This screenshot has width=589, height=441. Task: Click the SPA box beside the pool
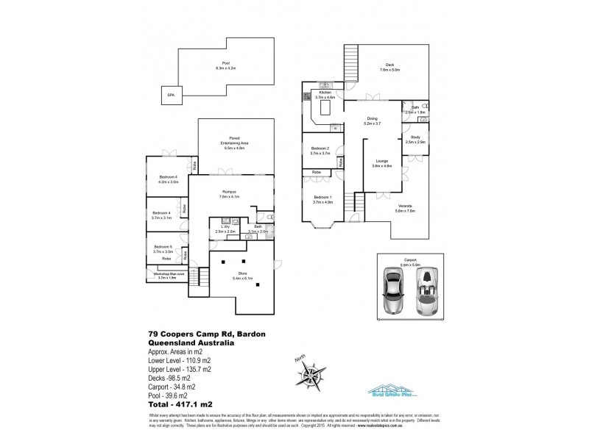coord(171,96)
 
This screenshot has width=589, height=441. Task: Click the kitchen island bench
coord(325,112)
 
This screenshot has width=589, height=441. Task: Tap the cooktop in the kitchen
coord(306,96)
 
